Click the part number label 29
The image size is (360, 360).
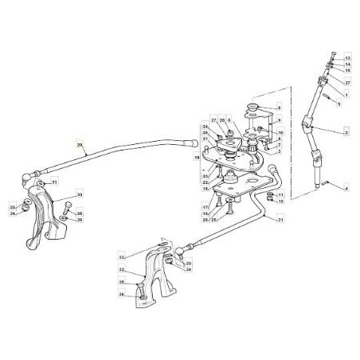click(x=80, y=144)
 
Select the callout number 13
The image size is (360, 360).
click(x=348, y=59)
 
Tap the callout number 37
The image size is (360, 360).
click(x=348, y=82)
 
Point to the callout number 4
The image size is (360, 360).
click(x=348, y=188)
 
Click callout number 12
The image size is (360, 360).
click(x=282, y=203)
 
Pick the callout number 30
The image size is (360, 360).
click(x=80, y=194)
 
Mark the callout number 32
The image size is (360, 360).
click(x=121, y=257)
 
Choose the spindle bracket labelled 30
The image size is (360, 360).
click(x=45, y=215)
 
